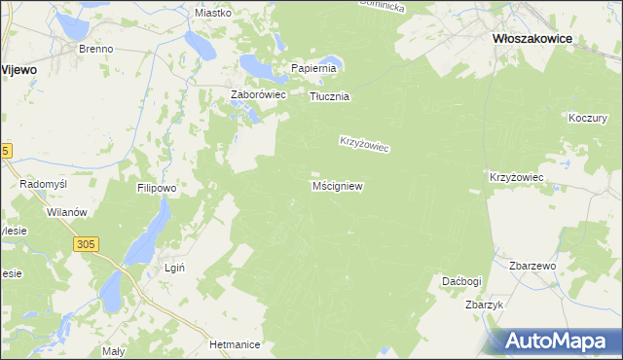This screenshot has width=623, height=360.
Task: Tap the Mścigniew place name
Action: (338, 185)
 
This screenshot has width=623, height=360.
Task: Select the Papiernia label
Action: (313, 68)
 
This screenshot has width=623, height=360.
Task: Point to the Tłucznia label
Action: (329, 97)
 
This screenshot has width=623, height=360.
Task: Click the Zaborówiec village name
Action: (256, 94)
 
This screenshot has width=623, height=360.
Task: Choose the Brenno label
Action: (96, 48)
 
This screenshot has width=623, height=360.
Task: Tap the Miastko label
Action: (212, 13)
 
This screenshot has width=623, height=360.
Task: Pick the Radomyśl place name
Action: (42, 184)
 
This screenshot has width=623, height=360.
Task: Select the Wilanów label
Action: (67, 212)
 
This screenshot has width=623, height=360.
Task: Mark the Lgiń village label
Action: (175, 268)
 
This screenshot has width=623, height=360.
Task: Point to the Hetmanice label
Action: (233, 344)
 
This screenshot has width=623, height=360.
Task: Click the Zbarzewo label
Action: (531, 266)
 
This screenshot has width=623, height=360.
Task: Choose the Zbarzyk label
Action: (484, 305)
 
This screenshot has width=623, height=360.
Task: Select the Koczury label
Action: (587, 117)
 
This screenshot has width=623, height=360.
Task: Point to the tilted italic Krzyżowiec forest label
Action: (364, 143)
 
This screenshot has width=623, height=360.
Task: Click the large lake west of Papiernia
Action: (258, 65)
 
